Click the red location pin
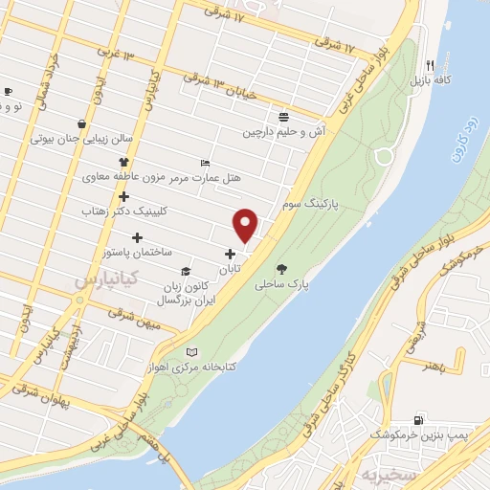(x=247, y=225)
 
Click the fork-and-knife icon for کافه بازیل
(x=431, y=64)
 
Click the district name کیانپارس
(x=106, y=279)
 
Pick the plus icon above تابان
(x=229, y=254)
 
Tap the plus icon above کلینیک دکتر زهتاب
(x=123, y=196)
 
